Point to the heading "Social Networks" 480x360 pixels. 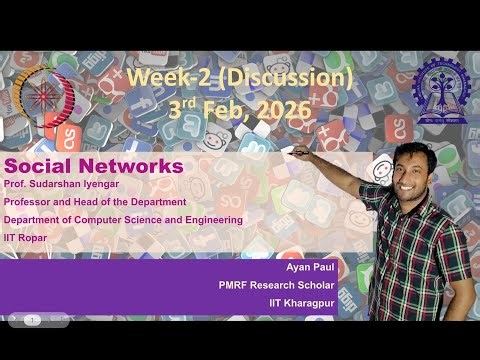pyautogui.click(x=94, y=166)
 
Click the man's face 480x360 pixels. pyautogui.click(x=411, y=165)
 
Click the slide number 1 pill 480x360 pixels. pyautogui.click(x=32, y=320)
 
